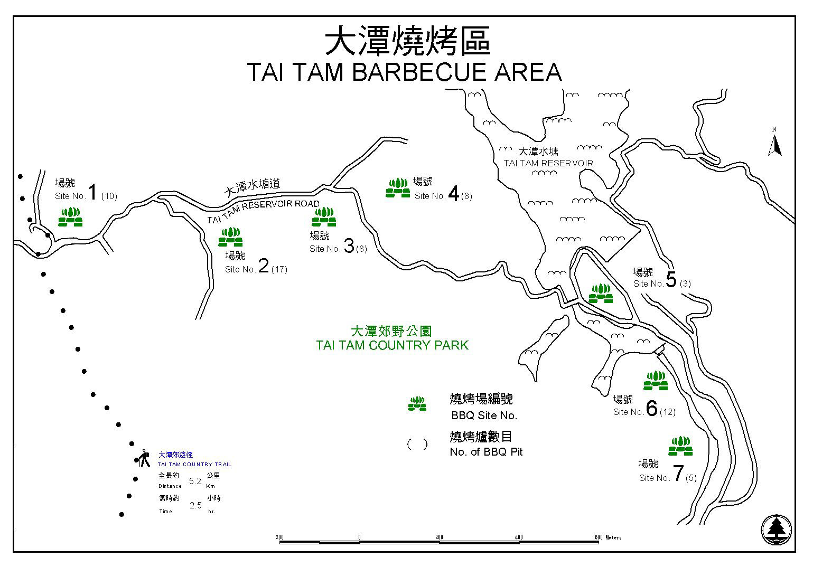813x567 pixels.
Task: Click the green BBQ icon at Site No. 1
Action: [x=70, y=217]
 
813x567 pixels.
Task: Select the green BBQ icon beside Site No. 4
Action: [x=398, y=188]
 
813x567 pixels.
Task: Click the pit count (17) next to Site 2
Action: [x=279, y=269]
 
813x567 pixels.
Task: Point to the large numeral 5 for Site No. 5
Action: [x=671, y=280]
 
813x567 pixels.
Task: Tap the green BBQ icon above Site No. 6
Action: [x=656, y=381]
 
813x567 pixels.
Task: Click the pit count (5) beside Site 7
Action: [x=690, y=478]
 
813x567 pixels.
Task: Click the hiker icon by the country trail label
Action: [x=144, y=458]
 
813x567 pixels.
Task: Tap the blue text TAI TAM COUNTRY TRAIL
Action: [x=194, y=465]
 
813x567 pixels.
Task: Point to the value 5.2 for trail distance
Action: [x=195, y=481]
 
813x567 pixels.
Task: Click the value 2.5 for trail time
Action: [x=195, y=505]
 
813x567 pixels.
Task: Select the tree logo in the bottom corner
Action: [x=776, y=530]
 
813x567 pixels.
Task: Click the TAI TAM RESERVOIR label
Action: [x=548, y=164]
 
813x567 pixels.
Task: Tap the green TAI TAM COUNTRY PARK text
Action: [x=392, y=345]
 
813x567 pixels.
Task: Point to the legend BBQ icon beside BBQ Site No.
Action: [x=417, y=404]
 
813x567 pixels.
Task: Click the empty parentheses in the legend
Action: [x=417, y=445]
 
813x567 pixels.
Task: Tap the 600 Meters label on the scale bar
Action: [x=608, y=537]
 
